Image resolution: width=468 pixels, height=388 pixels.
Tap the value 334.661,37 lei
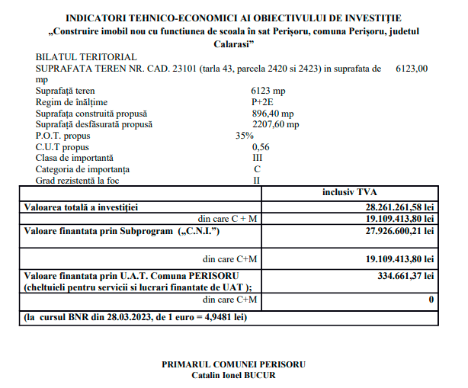[405, 274]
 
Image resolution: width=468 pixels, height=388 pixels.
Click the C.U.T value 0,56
[261, 146]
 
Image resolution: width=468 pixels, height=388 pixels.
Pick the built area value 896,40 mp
[275, 113]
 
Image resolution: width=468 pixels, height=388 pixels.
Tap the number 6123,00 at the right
[412, 69]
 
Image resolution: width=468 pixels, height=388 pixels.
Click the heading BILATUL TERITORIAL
[86, 57]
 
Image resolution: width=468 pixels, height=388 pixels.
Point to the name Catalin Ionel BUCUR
[233, 375]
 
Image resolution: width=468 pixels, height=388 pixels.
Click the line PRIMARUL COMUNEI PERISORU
[233, 364]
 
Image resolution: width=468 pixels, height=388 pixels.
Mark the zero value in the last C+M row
[431, 300]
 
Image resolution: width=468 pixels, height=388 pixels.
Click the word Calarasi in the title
[233, 44]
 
